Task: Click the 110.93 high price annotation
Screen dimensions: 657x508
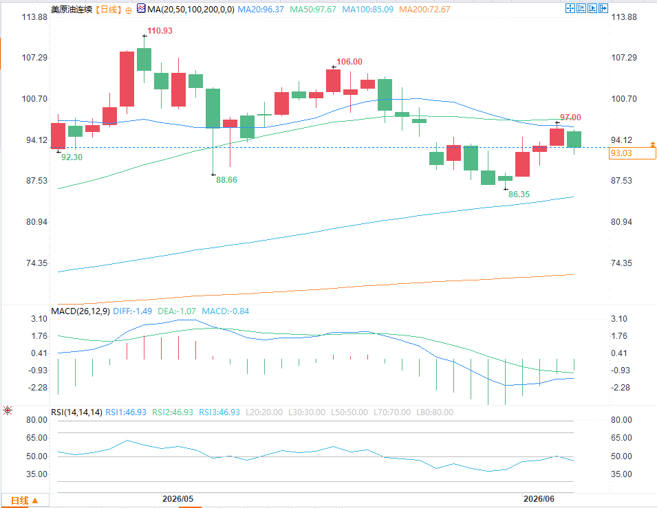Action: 160,31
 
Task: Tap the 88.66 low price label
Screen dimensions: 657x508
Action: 226,180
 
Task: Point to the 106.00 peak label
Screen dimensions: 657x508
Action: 349,62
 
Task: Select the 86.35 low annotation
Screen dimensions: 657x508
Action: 519,195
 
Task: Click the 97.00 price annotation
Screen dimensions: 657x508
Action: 571,118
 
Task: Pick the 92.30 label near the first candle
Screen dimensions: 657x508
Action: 72,157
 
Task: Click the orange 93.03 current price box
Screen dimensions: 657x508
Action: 632,153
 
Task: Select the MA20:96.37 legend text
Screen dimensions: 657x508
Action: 261,9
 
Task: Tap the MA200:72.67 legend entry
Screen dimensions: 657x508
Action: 424,9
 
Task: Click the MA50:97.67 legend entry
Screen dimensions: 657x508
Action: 313,9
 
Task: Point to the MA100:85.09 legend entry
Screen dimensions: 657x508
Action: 368,9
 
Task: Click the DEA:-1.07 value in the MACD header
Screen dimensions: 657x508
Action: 177,311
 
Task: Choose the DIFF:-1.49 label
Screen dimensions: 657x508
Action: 132,311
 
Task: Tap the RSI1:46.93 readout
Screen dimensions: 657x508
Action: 126,412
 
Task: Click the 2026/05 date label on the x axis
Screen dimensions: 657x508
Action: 178,499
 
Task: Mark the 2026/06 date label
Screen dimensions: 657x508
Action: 539,499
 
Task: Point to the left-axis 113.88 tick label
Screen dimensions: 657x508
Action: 35,17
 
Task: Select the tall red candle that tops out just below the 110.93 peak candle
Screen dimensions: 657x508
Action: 127,79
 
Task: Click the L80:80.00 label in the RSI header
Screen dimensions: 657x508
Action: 435,412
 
